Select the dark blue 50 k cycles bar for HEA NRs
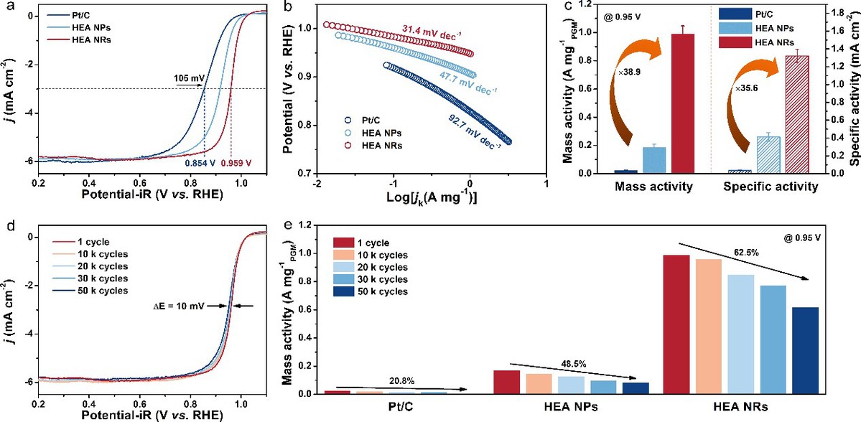tap(805, 350)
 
